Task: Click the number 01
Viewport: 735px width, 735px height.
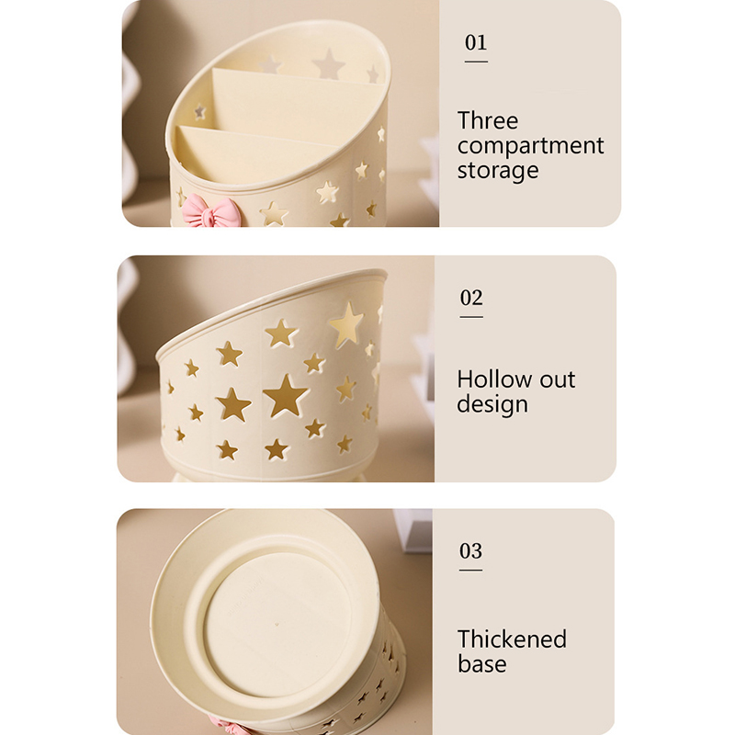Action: (x=476, y=42)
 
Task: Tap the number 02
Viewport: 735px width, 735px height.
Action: (x=471, y=298)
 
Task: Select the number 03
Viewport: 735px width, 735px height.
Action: (x=470, y=551)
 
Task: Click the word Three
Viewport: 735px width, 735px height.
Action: (x=488, y=120)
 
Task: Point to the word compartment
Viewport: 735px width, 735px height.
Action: (x=530, y=146)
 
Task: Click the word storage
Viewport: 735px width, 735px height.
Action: (x=498, y=170)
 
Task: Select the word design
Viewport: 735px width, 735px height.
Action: (x=492, y=404)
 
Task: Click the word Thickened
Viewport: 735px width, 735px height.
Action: (x=512, y=639)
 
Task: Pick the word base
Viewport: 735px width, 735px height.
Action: (x=481, y=663)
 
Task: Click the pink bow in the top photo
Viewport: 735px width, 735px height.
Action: (x=210, y=211)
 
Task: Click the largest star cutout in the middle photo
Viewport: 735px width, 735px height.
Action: (x=285, y=395)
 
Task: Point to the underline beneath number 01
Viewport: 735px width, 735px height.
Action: (x=476, y=62)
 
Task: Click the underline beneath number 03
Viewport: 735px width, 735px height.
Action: (x=470, y=570)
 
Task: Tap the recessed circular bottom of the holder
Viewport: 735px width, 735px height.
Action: (x=278, y=624)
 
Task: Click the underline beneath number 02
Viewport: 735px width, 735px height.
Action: (x=471, y=317)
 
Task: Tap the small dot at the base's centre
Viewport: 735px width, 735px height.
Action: (x=277, y=625)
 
